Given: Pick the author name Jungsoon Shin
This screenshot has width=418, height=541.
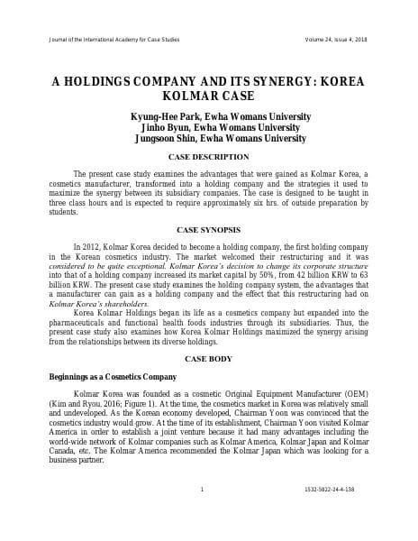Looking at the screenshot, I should point(170,139).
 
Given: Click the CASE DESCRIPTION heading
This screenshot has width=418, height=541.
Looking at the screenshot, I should point(208,157).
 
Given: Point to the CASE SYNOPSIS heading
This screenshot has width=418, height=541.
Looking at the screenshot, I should point(208,229).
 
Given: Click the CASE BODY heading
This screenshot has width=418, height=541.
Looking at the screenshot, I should point(208,359).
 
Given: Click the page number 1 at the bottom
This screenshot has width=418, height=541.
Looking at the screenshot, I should point(202,490).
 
